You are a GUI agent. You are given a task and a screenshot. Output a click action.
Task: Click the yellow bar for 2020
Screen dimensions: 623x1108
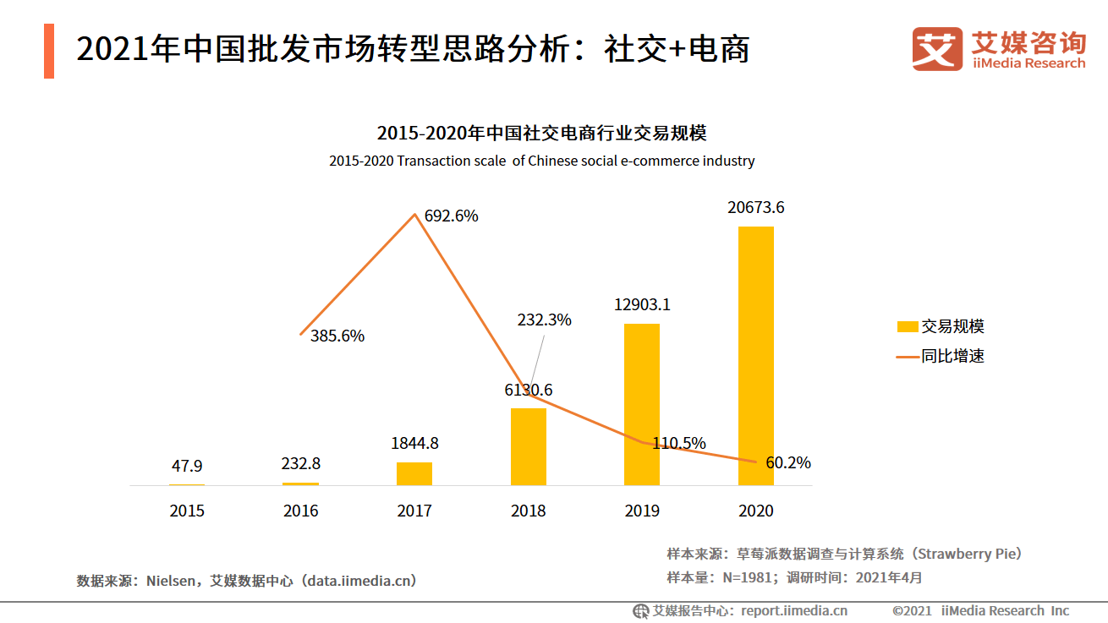[x=755, y=355]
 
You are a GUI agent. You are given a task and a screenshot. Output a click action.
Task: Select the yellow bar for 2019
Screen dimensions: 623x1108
[x=642, y=404]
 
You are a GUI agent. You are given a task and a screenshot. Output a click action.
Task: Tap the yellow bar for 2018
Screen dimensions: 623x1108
[x=529, y=446]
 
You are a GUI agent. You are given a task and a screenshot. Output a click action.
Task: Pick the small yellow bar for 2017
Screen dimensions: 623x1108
[x=414, y=473]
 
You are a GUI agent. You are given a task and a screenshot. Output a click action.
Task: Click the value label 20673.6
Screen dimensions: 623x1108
[x=755, y=207]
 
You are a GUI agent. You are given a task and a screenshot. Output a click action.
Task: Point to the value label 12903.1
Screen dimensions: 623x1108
[x=642, y=304]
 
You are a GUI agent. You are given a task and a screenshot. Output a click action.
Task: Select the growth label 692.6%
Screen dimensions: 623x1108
[x=451, y=216]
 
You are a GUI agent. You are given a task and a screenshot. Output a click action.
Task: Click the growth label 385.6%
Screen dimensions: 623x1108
[x=337, y=336]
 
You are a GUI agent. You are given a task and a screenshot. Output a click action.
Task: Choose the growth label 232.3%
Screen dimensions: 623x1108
[x=544, y=320]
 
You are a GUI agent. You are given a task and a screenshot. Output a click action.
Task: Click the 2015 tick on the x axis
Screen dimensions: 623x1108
[x=187, y=511]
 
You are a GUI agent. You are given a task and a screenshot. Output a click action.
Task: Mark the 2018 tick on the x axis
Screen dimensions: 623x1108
[x=529, y=511]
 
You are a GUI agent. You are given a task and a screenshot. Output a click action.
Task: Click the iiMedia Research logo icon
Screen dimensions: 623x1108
[x=937, y=49]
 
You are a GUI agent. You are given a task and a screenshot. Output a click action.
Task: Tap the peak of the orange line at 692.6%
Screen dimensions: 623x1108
[x=414, y=215]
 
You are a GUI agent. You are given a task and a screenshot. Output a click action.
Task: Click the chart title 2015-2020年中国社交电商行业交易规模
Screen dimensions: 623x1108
[x=541, y=134]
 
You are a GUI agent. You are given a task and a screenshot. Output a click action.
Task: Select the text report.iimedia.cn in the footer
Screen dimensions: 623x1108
[x=794, y=610]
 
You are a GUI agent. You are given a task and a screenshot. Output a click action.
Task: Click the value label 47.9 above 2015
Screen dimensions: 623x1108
[x=187, y=466]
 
